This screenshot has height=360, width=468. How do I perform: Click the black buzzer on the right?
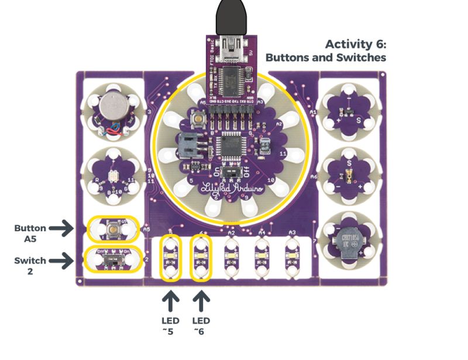pyautogui.click(x=350, y=245)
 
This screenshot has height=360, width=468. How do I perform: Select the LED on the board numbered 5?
pyautogui.click(x=171, y=256)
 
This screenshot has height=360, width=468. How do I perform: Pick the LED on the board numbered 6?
pyautogui.click(x=201, y=256)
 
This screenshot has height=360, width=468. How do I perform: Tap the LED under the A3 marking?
pyautogui.click(x=291, y=256)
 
